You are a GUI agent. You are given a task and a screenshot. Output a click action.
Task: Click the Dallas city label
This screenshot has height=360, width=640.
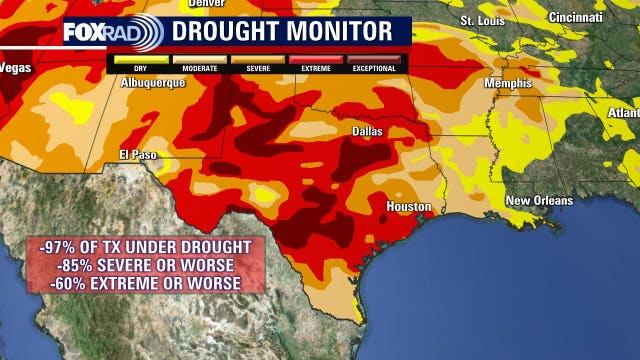pos(370,131)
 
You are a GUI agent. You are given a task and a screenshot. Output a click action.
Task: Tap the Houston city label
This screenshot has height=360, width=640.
pos(409,207)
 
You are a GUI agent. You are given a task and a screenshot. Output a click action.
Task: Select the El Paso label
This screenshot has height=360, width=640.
pos(139,155)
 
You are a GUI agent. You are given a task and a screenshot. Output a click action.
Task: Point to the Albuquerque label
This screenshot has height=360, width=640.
pos(152,83)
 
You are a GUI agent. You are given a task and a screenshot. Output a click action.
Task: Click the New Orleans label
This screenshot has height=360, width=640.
pos(539,201)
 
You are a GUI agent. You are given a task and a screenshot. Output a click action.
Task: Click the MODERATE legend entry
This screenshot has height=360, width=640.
pos(199,69)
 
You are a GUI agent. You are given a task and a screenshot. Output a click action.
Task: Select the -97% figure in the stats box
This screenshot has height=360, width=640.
pos(58,246)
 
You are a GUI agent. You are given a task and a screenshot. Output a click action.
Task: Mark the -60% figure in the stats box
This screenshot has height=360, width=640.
pos(70,283)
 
